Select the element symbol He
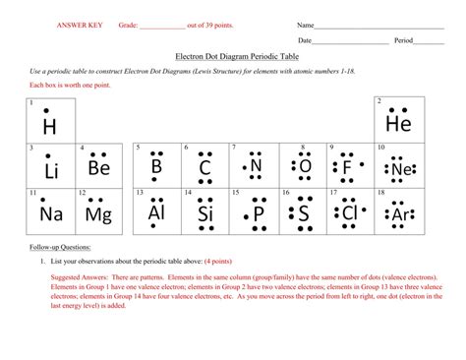point(398,125)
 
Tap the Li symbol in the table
point(51,171)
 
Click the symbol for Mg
point(98,213)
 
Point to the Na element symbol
point(51,213)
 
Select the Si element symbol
point(205,213)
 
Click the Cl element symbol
point(350,213)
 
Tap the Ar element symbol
point(399,214)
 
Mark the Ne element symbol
point(399,169)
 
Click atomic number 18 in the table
point(381,193)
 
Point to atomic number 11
point(33,193)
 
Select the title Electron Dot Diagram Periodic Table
point(233,58)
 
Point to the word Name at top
point(306,24)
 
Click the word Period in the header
point(403,40)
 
